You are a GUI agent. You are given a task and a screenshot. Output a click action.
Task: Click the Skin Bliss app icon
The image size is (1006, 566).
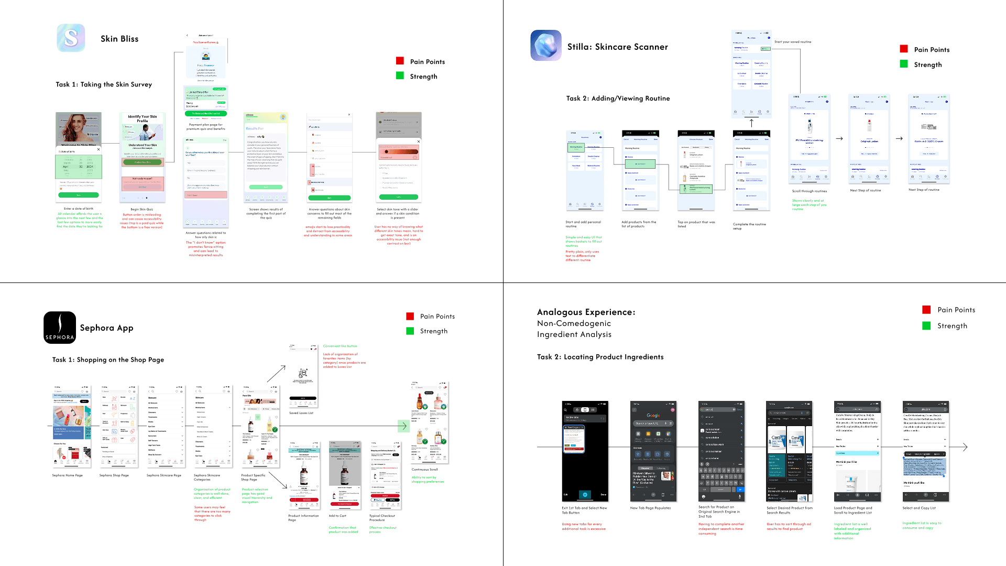(71, 38)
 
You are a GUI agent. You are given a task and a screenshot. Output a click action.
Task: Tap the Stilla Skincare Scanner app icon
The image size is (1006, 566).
(546, 46)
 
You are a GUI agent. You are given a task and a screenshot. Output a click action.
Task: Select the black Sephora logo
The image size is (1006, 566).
(60, 328)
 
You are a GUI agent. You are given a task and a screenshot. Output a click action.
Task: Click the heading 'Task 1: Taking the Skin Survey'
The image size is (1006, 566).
(104, 84)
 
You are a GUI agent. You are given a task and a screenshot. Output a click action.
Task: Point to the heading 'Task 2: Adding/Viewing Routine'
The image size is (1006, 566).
(618, 99)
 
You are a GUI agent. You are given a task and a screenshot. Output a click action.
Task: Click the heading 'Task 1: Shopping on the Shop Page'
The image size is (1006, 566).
(108, 360)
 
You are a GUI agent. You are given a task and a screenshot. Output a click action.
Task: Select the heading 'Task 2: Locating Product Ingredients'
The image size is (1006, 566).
(600, 357)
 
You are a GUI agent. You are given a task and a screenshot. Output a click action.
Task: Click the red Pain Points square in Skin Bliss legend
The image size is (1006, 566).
(400, 61)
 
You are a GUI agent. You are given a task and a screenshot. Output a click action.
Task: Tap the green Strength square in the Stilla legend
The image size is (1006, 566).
(904, 64)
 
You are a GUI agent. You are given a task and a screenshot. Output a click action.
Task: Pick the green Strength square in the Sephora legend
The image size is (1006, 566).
(410, 331)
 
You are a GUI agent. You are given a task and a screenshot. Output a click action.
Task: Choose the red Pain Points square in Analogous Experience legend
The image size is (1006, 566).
(926, 309)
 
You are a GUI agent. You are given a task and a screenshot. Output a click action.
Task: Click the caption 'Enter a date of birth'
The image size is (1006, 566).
(79, 209)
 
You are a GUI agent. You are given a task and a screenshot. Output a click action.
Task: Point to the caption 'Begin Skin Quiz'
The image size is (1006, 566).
(142, 209)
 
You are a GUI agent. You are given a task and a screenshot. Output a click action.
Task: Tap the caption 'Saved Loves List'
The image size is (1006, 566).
(301, 413)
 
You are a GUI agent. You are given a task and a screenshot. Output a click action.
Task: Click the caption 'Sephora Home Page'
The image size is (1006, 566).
(67, 475)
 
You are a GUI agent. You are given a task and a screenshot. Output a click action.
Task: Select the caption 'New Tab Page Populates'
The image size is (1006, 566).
(650, 508)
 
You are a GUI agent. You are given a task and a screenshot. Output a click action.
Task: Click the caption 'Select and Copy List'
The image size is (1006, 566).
(919, 508)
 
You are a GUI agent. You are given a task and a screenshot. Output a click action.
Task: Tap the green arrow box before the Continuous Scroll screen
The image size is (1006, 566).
(403, 426)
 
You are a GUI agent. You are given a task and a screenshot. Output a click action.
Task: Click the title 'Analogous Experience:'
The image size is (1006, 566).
(586, 312)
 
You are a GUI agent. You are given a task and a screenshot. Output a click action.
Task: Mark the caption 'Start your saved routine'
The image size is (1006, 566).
(793, 42)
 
